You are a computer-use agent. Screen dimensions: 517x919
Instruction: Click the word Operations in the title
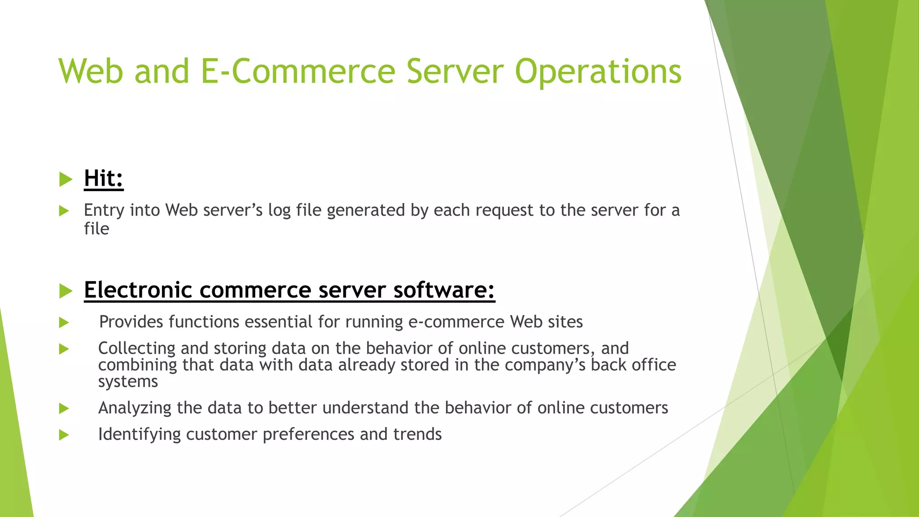598,72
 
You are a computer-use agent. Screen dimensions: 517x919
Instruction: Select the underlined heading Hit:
104,178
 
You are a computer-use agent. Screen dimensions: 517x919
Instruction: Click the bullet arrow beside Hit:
66,180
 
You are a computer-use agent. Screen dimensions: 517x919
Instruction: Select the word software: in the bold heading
444,290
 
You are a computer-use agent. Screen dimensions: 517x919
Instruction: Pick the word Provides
131,322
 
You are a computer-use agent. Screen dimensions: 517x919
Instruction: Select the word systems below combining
128,381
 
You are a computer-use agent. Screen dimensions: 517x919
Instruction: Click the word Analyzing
135,408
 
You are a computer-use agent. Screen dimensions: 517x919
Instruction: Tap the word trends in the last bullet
417,434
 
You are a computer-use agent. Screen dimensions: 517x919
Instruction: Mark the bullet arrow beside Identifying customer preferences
64,435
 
